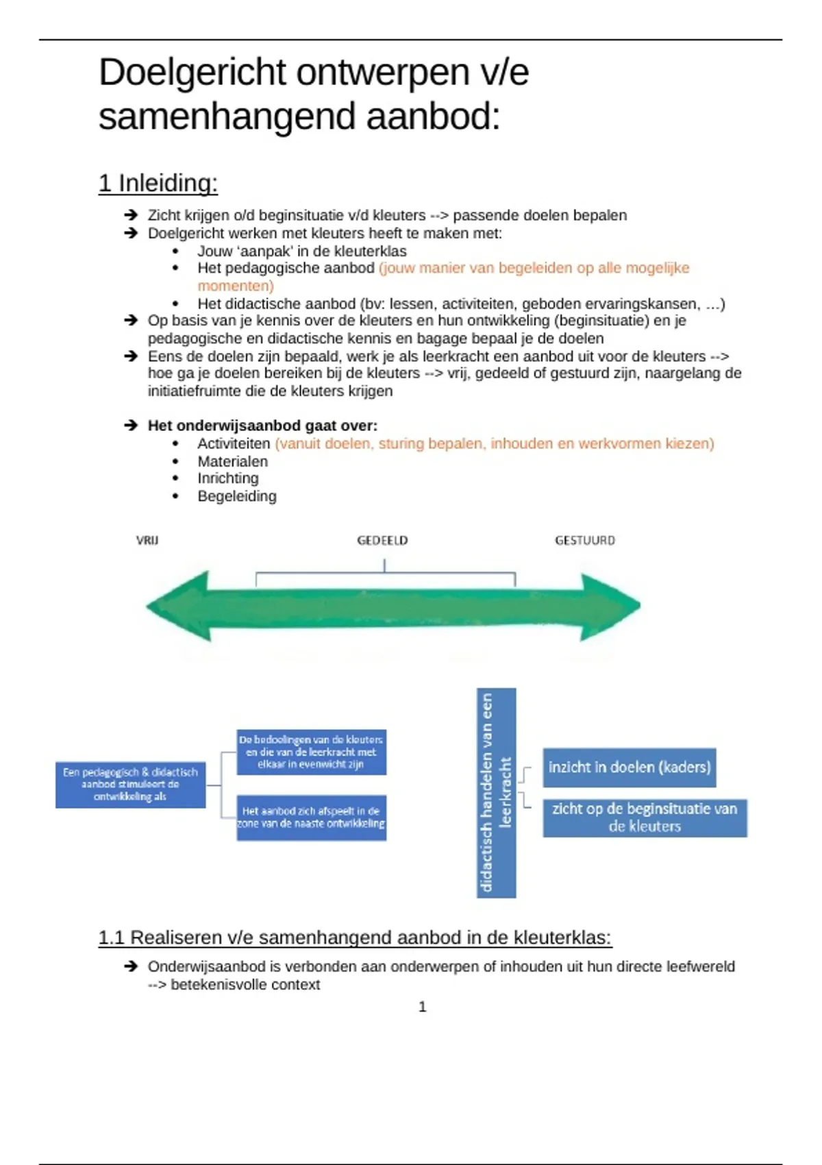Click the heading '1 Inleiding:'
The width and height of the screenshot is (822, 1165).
(158, 184)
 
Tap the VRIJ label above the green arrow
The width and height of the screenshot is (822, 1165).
(147, 541)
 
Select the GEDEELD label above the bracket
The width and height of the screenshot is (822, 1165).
(382, 541)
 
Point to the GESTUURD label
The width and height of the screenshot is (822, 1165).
(584, 541)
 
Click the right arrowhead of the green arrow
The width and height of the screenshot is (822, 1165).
(608, 606)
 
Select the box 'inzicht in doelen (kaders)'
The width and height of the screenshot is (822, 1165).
(629, 768)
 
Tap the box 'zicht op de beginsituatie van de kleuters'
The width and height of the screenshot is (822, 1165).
(645, 818)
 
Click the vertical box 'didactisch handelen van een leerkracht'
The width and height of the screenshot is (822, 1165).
(496, 793)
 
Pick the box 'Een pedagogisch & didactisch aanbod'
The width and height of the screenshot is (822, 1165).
(130, 785)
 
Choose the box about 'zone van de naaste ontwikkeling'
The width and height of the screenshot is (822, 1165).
(311, 818)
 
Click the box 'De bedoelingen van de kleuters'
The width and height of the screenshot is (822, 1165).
(311, 752)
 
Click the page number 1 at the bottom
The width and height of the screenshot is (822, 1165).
(422, 1007)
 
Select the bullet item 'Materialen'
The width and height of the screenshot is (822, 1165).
(232, 462)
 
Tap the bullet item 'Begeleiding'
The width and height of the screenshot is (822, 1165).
(237, 496)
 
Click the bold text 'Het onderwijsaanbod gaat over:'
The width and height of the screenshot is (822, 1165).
(262, 426)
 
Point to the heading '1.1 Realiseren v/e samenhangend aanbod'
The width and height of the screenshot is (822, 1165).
(355, 937)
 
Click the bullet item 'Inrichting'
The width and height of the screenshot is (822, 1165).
(228, 478)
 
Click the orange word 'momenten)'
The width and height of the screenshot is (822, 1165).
(236, 286)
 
